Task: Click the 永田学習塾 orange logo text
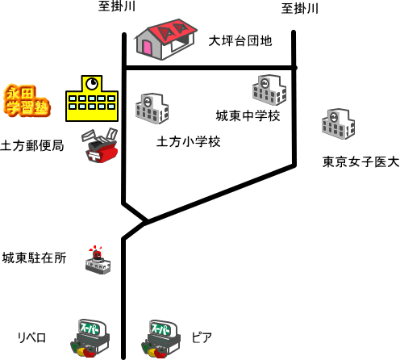27,101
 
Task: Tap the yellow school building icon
92,98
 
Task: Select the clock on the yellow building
92,83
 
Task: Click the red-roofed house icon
166,40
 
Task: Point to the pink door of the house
148,48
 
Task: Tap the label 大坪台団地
240,41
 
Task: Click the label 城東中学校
248,116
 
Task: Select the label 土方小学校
189,142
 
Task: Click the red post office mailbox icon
100,145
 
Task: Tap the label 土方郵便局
32,145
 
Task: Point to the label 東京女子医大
360,162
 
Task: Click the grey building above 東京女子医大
338,124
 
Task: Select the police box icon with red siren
98,260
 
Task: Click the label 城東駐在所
34,257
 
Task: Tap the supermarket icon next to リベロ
90,338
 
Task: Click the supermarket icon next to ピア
160,339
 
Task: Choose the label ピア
202,337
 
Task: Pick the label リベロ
31,337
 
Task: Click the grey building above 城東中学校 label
269,90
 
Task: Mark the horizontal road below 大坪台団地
210,68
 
